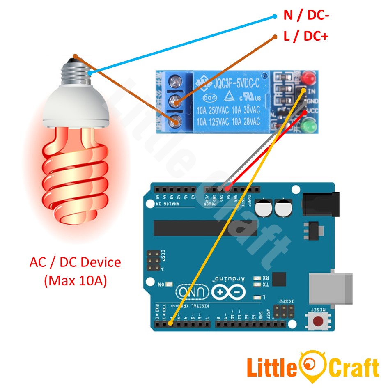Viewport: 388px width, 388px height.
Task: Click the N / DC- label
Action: click(306, 16)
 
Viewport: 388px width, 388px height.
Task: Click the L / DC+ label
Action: click(306, 36)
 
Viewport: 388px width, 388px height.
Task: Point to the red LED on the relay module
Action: click(308, 78)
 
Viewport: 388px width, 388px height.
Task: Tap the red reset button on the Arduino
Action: click(317, 320)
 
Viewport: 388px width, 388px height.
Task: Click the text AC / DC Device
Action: click(75, 262)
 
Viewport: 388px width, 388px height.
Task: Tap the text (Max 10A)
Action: click(75, 281)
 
